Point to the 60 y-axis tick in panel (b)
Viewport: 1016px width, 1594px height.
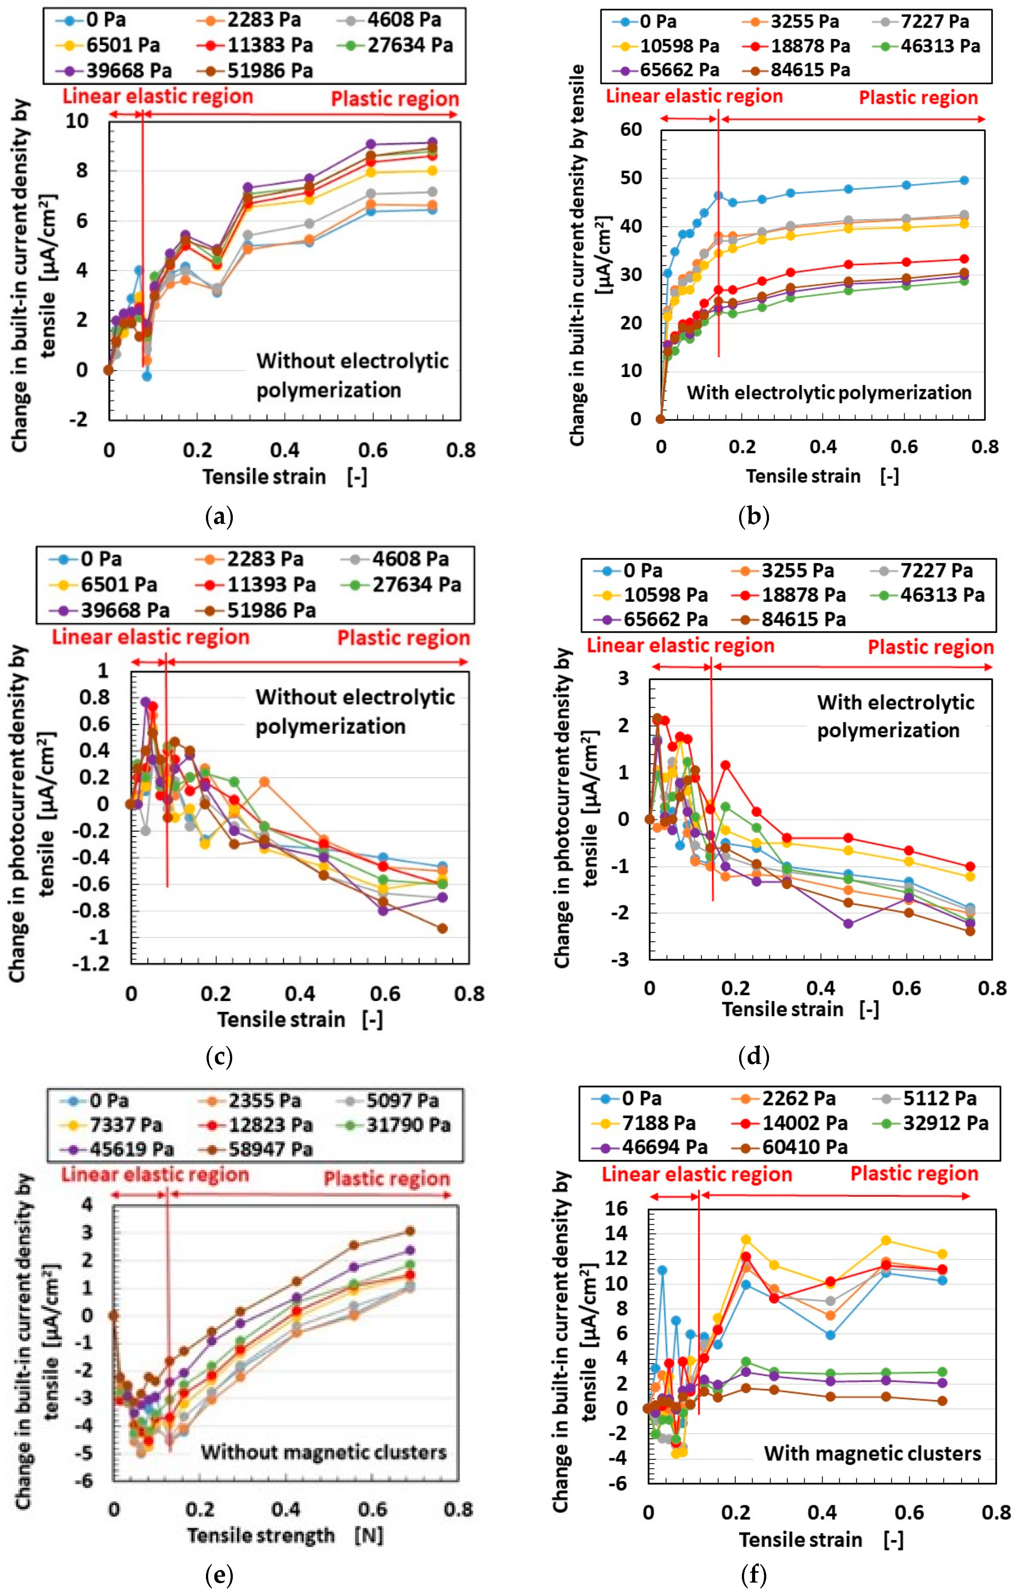(631, 130)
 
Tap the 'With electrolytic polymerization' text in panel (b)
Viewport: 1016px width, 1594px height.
(829, 393)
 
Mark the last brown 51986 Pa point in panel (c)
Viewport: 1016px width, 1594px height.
(442, 929)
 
